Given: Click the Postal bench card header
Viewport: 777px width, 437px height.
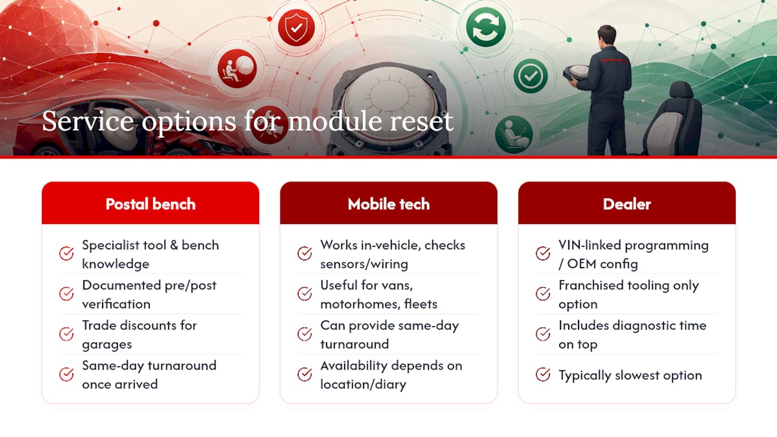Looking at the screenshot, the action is (x=150, y=203).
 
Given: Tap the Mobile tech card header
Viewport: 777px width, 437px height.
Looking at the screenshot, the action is (x=388, y=203).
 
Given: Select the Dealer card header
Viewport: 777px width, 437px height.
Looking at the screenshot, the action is (x=627, y=203).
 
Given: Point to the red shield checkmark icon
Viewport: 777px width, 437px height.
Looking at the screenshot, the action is (x=296, y=28).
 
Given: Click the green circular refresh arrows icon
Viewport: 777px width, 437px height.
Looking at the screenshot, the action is (x=486, y=27).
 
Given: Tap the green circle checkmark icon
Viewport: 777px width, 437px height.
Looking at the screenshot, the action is (x=531, y=76).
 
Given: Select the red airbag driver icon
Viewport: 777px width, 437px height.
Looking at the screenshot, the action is (x=237, y=69).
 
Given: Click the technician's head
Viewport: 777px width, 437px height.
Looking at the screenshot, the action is (x=607, y=36).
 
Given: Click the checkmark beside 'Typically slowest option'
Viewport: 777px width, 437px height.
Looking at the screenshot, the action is (x=543, y=374).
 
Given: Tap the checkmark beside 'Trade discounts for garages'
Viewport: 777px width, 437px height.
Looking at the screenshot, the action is (x=66, y=334).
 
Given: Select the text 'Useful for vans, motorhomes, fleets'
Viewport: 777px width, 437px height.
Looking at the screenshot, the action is (x=379, y=294).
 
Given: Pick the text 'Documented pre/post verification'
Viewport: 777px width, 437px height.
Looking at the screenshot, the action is (x=149, y=294).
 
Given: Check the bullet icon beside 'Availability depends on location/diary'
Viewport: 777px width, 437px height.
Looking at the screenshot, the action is (x=305, y=374).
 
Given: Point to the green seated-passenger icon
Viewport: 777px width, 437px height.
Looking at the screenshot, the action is (x=514, y=135).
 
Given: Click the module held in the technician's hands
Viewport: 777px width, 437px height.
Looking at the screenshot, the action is (x=576, y=72).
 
